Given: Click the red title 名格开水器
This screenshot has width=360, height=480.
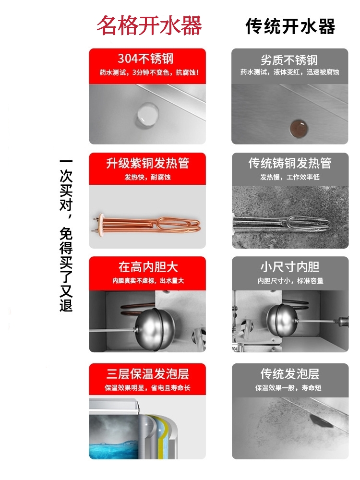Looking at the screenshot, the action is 149,25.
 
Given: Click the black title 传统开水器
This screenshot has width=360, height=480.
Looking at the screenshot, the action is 290,26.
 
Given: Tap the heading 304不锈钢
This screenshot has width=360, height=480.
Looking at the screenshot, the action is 145,59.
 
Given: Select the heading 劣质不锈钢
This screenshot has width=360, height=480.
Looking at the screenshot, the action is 289,60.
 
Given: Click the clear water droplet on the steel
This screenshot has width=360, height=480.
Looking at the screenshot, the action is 147,114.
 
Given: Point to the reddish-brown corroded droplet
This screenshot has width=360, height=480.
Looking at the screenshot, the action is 299,128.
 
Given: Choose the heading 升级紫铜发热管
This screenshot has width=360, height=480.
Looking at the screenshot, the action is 147,163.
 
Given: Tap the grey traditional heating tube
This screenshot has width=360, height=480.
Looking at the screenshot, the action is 281,223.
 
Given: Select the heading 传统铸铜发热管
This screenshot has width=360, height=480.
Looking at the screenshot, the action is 290,163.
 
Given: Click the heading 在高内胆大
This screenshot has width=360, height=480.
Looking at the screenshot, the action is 148,267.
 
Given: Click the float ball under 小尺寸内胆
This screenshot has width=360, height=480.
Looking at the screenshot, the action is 281,321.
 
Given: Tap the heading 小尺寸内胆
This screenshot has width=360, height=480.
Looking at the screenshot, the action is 290,267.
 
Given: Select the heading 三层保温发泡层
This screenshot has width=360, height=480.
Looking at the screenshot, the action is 147,374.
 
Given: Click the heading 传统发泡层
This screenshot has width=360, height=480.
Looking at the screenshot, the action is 290,374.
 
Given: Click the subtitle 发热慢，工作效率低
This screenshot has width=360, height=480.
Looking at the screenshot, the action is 290,177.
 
